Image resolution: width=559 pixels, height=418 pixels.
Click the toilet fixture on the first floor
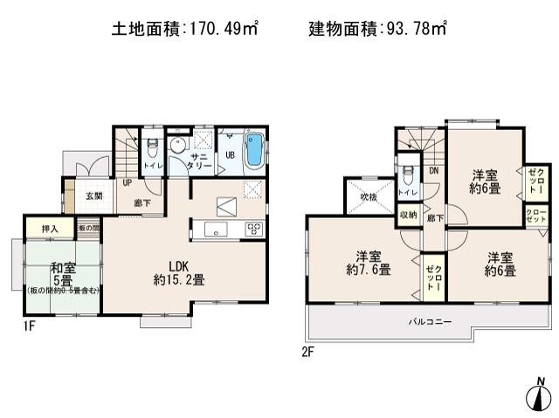[x=152, y=147]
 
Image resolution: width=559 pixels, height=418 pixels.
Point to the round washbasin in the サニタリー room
[x=178, y=145]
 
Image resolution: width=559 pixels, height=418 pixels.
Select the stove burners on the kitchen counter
[x=253, y=230]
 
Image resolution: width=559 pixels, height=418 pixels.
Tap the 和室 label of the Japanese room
[x=61, y=269]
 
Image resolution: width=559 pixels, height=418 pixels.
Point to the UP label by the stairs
[x=127, y=184]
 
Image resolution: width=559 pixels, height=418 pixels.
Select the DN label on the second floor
[x=433, y=171]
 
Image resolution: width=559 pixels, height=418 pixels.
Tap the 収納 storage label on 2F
[x=408, y=215]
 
